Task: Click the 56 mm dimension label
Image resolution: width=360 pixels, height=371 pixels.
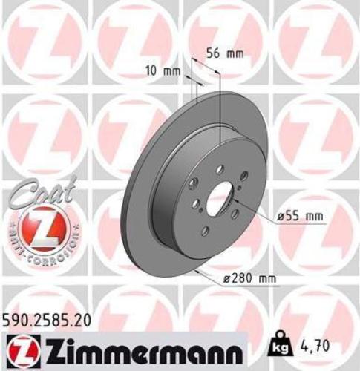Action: pyautogui.click(x=224, y=54)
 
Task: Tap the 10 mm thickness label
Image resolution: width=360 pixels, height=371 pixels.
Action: pyautogui.click(x=161, y=71)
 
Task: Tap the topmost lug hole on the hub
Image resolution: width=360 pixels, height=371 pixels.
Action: pyautogui.click(x=220, y=169)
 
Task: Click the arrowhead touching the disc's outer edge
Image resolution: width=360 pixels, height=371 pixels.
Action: pyautogui.click(x=195, y=270)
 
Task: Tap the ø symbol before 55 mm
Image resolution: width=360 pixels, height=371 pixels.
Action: pyautogui.click(x=282, y=216)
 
